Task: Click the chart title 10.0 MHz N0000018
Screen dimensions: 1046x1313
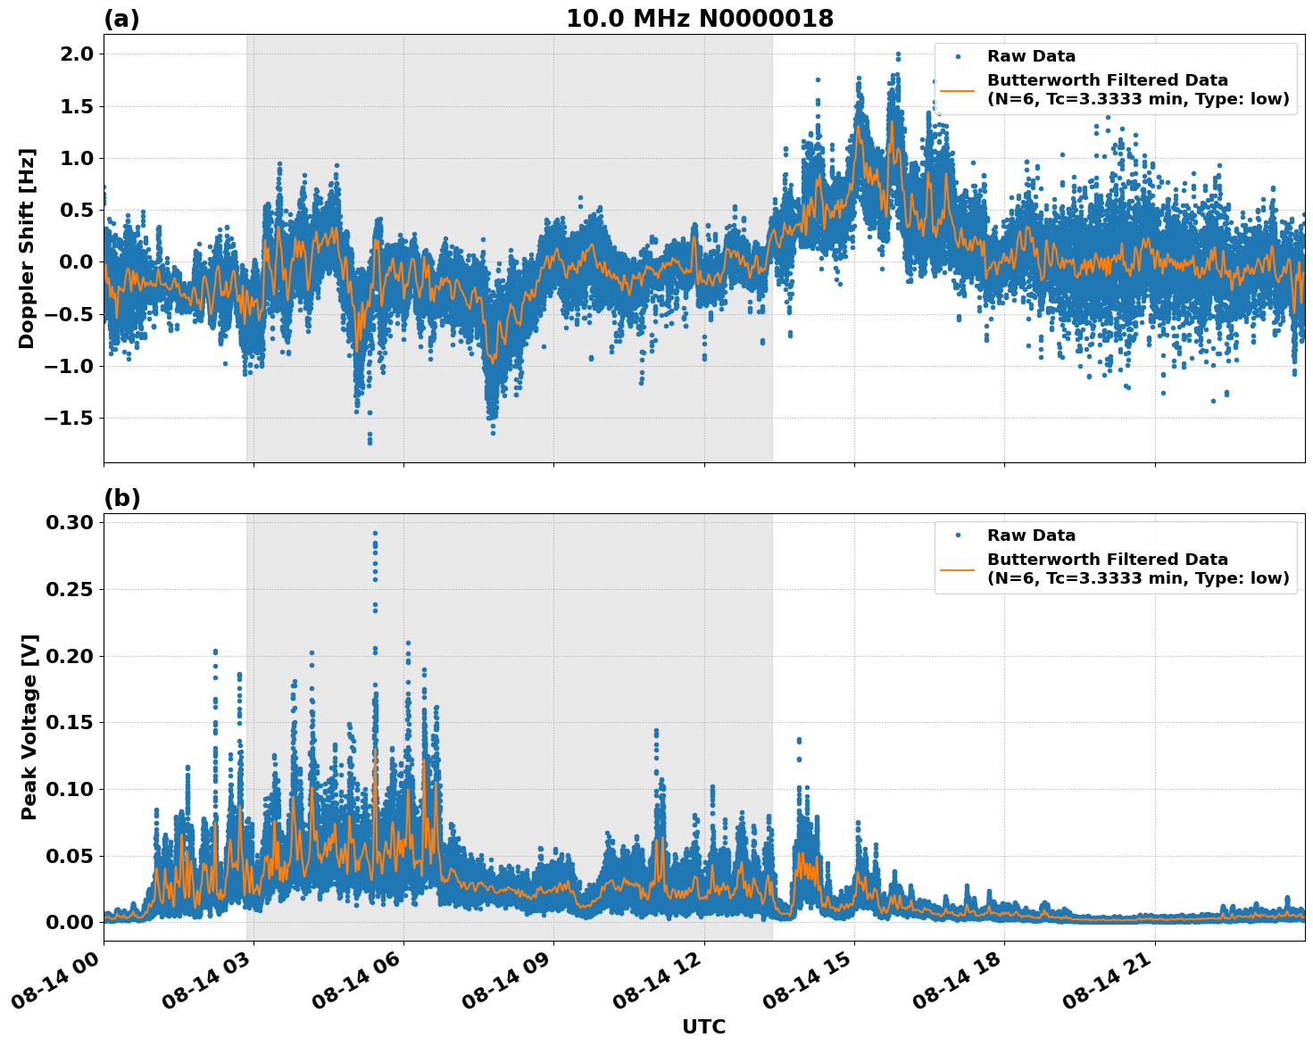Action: click(x=700, y=19)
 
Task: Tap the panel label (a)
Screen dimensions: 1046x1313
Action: click(x=121, y=19)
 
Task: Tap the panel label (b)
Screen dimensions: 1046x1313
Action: click(x=121, y=498)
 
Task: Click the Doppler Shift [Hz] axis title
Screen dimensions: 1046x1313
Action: click(x=27, y=248)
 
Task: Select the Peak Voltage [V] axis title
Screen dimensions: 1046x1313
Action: click(x=29, y=726)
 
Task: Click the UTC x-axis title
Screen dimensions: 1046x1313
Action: click(x=703, y=1026)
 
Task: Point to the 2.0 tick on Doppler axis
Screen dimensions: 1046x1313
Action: click(x=74, y=54)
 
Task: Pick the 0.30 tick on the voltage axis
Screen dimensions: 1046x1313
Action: click(x=69, y=523)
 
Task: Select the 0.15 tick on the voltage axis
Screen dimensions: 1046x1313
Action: click(x=69, y=723)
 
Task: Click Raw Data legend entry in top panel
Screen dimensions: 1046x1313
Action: click(x=1031, y=56)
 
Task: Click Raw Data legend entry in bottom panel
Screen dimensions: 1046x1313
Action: click(x=1031, y=535)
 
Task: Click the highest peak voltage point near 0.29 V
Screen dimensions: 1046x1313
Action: click(x=375, y=533)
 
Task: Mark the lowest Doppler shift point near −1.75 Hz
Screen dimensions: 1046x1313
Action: click(x=370, y=442)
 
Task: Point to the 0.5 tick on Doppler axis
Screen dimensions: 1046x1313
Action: click(x=74, y=210)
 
